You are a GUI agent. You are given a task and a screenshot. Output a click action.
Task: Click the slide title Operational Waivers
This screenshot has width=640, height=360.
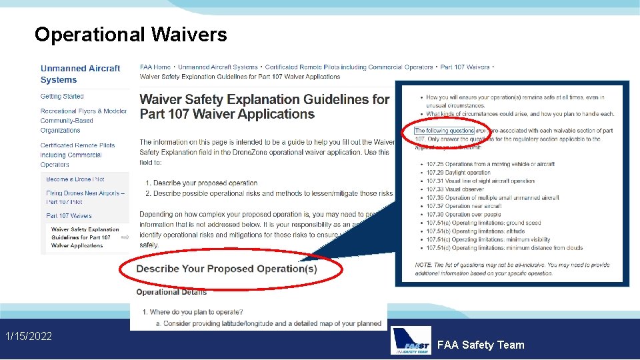tap(131, 35)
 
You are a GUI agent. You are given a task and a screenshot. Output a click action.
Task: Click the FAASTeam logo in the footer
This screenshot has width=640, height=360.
tap(411, 340)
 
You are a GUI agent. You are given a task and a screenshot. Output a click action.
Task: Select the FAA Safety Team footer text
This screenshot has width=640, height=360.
tap(481, 345)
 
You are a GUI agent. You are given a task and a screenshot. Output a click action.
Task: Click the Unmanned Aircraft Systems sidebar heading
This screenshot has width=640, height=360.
tap(80, 74)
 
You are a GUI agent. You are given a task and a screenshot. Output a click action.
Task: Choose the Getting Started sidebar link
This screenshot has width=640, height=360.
tap(62, 97)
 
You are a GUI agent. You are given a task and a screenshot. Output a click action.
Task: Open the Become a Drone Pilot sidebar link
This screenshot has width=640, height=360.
tap(75, 179)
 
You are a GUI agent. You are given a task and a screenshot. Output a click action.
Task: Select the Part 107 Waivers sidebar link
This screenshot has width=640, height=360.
tap(69, 216)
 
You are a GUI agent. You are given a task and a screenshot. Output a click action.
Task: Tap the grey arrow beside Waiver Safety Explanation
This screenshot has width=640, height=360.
tap(125, 237)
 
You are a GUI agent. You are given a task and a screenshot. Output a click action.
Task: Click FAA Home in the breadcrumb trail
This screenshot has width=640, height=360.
tap(155, 67)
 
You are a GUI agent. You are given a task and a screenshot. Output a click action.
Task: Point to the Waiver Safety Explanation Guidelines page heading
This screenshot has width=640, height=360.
tap(264, 107)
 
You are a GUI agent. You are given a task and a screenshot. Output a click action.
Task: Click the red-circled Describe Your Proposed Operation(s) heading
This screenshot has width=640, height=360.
tap(227, 269)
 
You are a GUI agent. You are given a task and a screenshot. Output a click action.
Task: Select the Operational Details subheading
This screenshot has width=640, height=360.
tap(171, 292)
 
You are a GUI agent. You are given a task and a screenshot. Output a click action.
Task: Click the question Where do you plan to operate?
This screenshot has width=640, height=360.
tap(196, 312)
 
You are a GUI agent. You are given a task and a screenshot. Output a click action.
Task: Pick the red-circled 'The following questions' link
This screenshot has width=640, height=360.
tap(444, 131)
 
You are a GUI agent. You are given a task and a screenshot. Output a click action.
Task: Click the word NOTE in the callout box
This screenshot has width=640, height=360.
tap(423, 265)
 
